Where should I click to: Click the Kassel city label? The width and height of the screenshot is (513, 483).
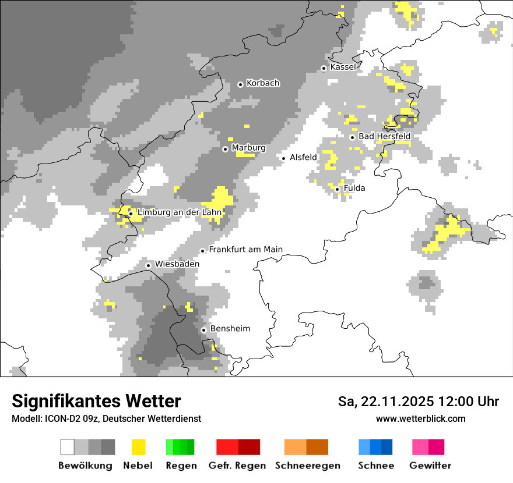point(343,67)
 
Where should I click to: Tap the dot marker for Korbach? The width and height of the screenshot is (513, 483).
point(240,84)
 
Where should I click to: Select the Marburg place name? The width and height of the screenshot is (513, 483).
point(248,148)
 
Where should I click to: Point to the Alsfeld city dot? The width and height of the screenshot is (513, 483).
point(284,158)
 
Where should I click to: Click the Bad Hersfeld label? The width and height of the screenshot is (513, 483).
point(384,136)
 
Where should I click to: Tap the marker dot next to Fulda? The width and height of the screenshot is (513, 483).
point(338,189)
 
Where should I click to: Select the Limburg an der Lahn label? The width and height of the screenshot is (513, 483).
point(179,212)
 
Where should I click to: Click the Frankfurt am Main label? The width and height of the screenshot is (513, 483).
point(245,249)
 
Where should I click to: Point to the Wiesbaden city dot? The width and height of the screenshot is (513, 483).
point(149,265)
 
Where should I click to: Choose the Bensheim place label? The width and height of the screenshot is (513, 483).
point(230,328)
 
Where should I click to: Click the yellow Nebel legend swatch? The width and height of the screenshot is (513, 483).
point(138,447)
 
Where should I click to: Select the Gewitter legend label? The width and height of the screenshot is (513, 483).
point(430,466)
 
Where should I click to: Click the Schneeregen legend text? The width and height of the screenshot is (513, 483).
point(307,466)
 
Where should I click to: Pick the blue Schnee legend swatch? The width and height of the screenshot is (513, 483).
point(375,447)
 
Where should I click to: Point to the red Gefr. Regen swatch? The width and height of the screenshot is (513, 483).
point(238,447)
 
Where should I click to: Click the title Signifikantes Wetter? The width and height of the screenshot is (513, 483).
point(96,401)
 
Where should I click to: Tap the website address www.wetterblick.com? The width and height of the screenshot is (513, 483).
point(420,418)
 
